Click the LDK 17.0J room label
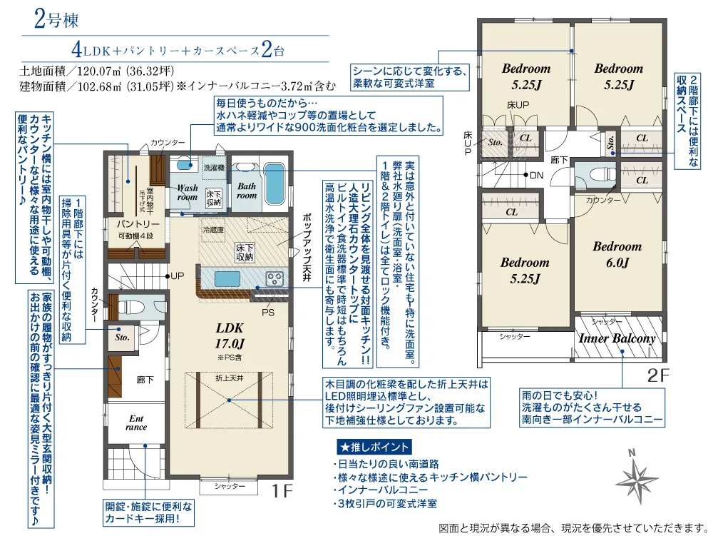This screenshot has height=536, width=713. [x=230, y=335]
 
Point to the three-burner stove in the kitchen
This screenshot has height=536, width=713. [x=275, y=278]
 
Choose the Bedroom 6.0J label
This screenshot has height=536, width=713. [x=617, y=254]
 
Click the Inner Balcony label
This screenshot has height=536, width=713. [x=617, y=338]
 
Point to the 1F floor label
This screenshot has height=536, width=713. [x=282, y=491]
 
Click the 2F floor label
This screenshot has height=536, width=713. [x=658, y=375]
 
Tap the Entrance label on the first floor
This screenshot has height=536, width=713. [x=136, y=423]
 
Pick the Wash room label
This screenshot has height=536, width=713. [x=188, y=192]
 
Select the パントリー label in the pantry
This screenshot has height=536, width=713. [x=138, y=224]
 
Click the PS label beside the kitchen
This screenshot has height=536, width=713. [x=268, y=313]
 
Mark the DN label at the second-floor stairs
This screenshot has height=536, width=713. [x=537, y=175]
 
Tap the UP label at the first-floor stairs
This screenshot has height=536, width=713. [x=178, y=275]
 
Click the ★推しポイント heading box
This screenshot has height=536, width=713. [x=374, y=447]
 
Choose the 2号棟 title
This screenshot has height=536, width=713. [x=56, y=20]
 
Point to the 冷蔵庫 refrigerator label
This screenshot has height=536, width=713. [x=213, y=230]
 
